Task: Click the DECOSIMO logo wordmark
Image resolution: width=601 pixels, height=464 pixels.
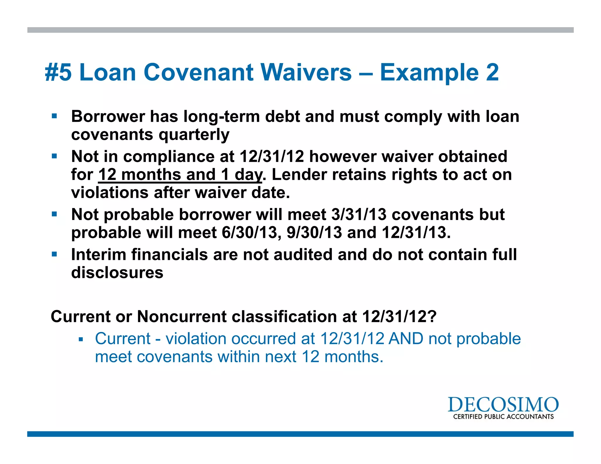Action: point(503,405)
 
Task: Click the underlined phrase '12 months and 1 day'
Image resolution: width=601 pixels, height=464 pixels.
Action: point(180,175)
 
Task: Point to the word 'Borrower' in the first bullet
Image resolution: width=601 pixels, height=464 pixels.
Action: point(108,116)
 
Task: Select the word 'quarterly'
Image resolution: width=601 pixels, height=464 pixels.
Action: point(194,135)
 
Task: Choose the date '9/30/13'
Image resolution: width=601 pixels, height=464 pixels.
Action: point(314,233)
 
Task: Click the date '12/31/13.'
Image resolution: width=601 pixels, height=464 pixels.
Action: point(416,233)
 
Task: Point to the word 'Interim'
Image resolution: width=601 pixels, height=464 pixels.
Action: point(99,255)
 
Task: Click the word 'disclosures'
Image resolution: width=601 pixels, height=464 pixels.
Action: point(117,273)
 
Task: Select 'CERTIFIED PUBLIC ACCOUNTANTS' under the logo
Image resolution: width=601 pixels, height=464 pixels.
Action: point(503,417)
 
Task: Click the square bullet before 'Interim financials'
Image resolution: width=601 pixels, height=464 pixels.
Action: point(54,254)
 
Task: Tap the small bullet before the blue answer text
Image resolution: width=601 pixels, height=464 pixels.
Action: point(81,340)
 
